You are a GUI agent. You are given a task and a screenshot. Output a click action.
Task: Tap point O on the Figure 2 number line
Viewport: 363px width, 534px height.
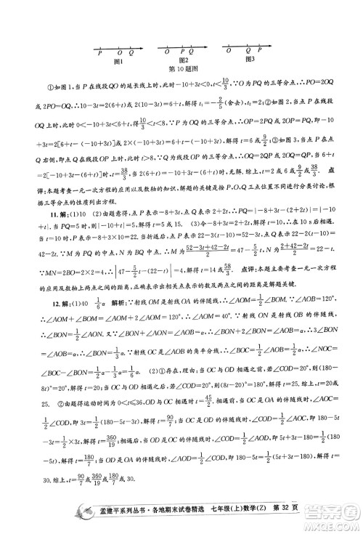coord(167,52)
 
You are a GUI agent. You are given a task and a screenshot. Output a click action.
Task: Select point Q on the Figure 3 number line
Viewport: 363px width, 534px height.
coord(248,52)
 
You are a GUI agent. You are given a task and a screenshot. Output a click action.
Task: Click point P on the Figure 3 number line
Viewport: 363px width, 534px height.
coord(259,52)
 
